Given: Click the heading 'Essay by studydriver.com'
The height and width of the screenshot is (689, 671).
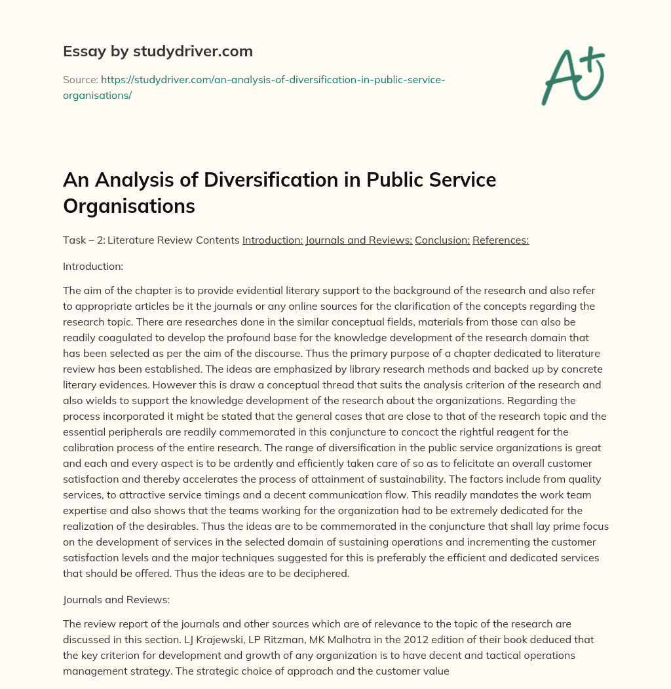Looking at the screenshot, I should click(157, 51).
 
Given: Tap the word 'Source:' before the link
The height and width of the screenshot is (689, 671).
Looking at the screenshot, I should click(80, 79).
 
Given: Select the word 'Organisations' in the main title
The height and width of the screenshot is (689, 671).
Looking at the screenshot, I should click(129, 206).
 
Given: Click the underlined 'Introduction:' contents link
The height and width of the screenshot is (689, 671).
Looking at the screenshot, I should click(272, 240).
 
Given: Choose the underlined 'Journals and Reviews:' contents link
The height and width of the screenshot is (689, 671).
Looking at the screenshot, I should click(358, 240).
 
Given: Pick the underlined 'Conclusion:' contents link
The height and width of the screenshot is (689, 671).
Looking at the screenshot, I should click(442, 240).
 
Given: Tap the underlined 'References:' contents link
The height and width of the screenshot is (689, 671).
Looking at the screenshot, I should click(501, 240).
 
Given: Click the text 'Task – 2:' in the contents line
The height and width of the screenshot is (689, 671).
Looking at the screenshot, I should click(83, 240).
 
